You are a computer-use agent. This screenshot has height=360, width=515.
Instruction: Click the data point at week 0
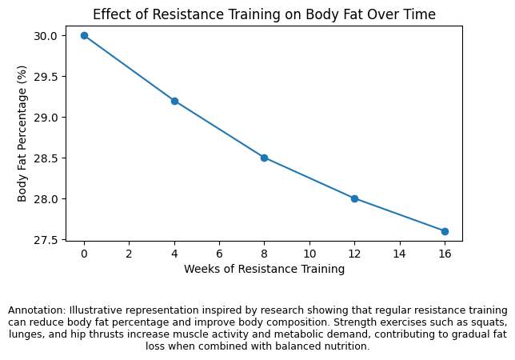[x=84, y=35]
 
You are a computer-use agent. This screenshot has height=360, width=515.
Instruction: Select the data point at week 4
[x=174, y=101]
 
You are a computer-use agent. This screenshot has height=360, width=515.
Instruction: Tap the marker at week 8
[x=264, y=158]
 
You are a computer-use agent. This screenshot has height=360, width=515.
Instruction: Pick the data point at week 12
[x=354, y=198]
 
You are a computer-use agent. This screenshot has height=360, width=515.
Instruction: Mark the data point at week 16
[x=445, y=231]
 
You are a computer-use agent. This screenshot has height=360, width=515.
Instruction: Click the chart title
[x=264, y=14]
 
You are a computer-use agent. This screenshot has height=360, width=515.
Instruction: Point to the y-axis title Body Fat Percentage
[x=23, y=134]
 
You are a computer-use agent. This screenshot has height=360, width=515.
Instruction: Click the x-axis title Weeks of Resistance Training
[x=264, y=269]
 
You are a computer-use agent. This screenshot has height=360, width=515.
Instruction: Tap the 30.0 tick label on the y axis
[x=46, y=36]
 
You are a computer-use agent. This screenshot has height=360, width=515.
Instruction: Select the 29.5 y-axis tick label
[x=46, y=77]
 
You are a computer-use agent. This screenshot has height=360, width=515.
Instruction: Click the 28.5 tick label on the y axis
[x=46, y=158]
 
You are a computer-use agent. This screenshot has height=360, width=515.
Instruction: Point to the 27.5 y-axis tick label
[x=46, y=240]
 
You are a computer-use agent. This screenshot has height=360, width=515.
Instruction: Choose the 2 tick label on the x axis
[x=129, y=253]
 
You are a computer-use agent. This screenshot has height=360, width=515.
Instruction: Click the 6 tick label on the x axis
[x=219, y=253]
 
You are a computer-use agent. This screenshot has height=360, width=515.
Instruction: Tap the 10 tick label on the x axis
[x=309, y=253]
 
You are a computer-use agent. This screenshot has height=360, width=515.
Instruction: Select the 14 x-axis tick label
[x=400, y=253]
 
